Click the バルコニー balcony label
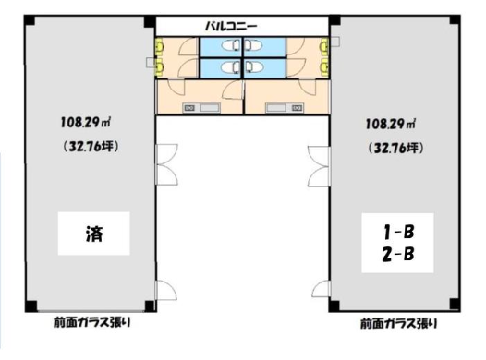pyautogui.click(x=231, y=26)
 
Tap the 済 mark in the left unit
pyautogui.click(x=94, y=234)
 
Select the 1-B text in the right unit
pyautogui.click(x=398, y=232)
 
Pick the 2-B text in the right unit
pyautogui.click(x=398, y=255)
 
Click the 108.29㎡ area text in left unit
pyautogui.click(x=86, y=122)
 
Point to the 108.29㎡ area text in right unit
pyautogui.click(x=391, y=124)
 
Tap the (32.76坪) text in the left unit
pyautogui.click(x=91, y=146)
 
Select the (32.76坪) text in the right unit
pyautogui.click(x=395, y=149)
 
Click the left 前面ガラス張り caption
pyautogui.click(x=92, y=322)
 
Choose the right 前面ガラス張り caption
pyautogui.click(x=398, y=323)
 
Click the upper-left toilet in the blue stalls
pyautogui.click(x=231, y=45)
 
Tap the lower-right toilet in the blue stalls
pyautogui.click(x=254, y=66)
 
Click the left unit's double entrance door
pyautogui.click(x=166, y=164)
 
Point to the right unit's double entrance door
pyautogui.click(x=319, y=166)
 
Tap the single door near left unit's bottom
pyautogui.click(x=166, y=290)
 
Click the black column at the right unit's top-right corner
pyautogui.click(x=454, y=20)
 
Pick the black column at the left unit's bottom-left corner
pyautogui.click(x=31, y=306)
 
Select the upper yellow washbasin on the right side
pyautogui.click(x=324, y=44)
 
